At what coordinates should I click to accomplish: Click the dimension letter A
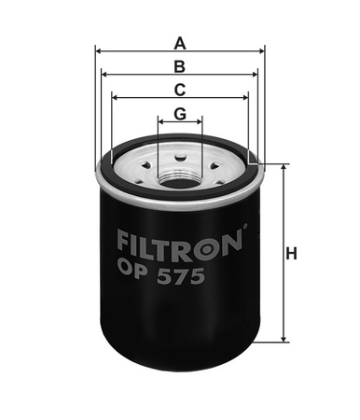point(180,43)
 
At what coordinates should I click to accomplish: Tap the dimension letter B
point(180,66)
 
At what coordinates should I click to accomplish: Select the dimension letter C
point(180,90)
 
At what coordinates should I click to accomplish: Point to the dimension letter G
point(180,114)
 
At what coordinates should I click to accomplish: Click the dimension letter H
point(291,253)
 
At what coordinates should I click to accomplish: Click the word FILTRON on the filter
point(180,245)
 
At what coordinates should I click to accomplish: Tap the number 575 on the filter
point(181,276)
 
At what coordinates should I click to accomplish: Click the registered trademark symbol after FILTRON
point(245,227)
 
